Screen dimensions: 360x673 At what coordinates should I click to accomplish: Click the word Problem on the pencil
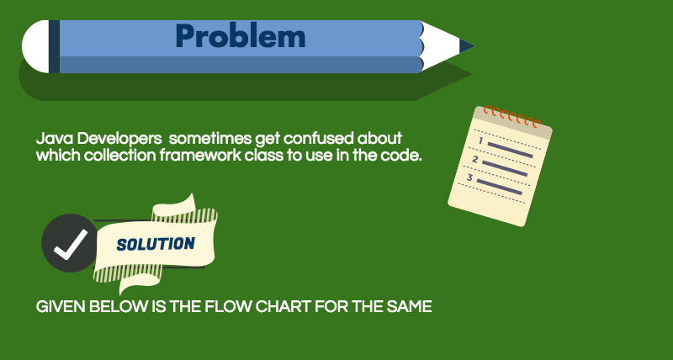240,36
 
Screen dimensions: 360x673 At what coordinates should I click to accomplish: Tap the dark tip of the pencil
467,45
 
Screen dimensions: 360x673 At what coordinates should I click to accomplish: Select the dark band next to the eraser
54,45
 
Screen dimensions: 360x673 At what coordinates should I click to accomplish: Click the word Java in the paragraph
52,138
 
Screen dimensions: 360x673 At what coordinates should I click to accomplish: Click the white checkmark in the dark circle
70,243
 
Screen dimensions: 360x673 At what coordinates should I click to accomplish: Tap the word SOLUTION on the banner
156,244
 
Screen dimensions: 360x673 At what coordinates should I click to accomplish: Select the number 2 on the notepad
475,159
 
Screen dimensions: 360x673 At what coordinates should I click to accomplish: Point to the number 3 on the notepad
469,178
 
